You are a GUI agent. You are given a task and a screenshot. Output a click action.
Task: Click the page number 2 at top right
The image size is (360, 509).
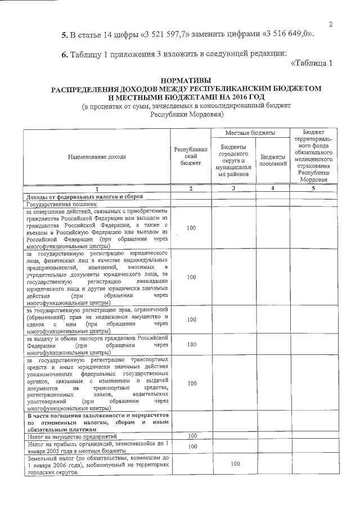(331, 24)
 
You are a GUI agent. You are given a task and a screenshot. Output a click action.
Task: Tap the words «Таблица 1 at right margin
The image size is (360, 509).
(312, 63)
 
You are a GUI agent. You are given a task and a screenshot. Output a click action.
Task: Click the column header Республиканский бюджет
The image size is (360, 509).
(191, 157)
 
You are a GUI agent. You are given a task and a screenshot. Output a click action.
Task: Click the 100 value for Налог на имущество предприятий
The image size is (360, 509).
(192, 436)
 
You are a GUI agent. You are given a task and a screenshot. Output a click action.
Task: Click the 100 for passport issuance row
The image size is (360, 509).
(192, 344)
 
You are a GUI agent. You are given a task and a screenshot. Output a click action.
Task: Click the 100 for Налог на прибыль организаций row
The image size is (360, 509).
(192, 447)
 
